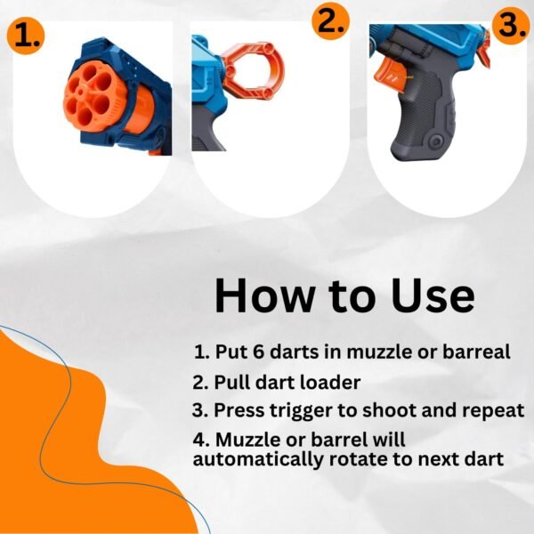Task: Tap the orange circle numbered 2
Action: (x=331, y=21)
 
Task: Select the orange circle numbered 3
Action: (x=510, y=25)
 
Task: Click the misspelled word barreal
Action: (x=476, y=352)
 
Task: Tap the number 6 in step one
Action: (x=259, y=352)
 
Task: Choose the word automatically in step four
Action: (x=257, y=460)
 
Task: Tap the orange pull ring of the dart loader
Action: (x=253, y=71)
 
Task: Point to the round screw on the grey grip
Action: (x=435, y=141)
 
